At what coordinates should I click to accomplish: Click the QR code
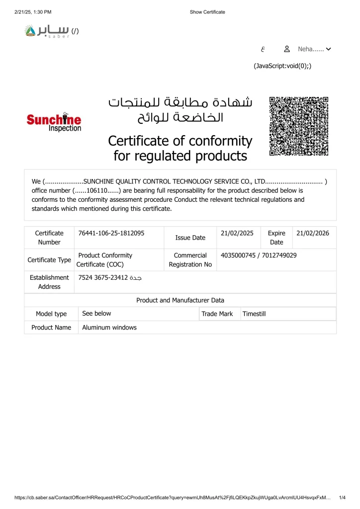(299, 126)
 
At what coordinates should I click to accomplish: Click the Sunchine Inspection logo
(54, 122)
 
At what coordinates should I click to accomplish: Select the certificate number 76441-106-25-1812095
(111, 233)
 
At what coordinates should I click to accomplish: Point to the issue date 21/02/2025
(237, 233)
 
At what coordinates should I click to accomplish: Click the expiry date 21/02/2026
(313, 233)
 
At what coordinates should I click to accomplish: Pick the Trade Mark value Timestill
(254, 314)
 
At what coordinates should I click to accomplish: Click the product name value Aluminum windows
(109, 328)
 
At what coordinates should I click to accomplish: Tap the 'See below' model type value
(96, 314)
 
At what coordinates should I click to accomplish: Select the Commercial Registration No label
(190, 260)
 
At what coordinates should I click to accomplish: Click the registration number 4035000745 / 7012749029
(259, 255)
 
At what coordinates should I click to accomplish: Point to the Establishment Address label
(49, 282)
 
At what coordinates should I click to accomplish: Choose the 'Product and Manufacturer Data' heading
(180, 300)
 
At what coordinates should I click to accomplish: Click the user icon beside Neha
(287, 49)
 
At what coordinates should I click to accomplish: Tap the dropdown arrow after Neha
(328, 49)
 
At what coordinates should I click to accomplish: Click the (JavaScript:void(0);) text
(282, 66)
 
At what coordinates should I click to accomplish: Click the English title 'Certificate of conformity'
(180, 141)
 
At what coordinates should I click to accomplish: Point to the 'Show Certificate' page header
(207, 12)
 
